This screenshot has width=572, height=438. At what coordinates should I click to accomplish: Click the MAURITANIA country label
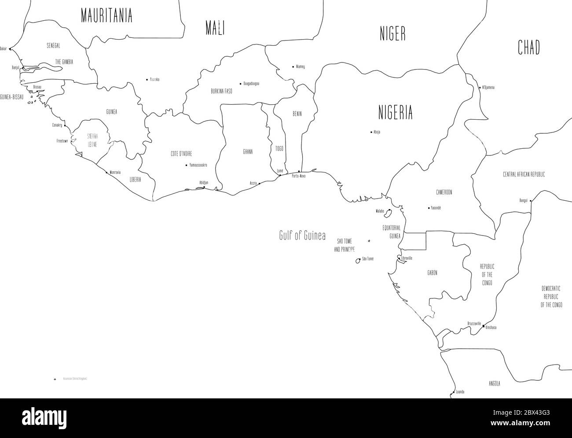coord(106,16)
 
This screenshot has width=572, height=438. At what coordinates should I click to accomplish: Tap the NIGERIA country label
coord(396,113)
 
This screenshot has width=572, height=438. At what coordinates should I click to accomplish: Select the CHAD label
coord(528,48)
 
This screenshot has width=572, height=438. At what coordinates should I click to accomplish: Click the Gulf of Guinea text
coord(302,236)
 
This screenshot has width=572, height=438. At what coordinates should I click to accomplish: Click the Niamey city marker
coord(293,67)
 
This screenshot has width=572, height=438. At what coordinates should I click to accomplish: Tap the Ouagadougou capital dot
coord(240,83)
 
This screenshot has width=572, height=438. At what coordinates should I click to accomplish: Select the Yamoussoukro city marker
coord(187,166)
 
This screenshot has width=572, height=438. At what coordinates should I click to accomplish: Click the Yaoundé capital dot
coord(429,208)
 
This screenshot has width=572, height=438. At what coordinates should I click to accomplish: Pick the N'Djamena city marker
coord(480,88)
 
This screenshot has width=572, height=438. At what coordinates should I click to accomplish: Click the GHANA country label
coord(248,152)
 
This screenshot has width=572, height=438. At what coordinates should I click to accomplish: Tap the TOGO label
coord(279,148)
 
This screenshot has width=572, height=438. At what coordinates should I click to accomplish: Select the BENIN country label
coord(297,114)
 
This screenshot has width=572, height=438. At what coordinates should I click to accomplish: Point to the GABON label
coord(432,273)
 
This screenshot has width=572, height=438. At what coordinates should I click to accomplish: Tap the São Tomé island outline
coord(358,261)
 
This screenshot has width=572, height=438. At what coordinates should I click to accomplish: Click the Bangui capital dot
coord(531,201)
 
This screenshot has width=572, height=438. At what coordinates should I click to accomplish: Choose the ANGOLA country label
coord(494,383)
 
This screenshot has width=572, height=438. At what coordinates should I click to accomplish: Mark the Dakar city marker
coord(10,49)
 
